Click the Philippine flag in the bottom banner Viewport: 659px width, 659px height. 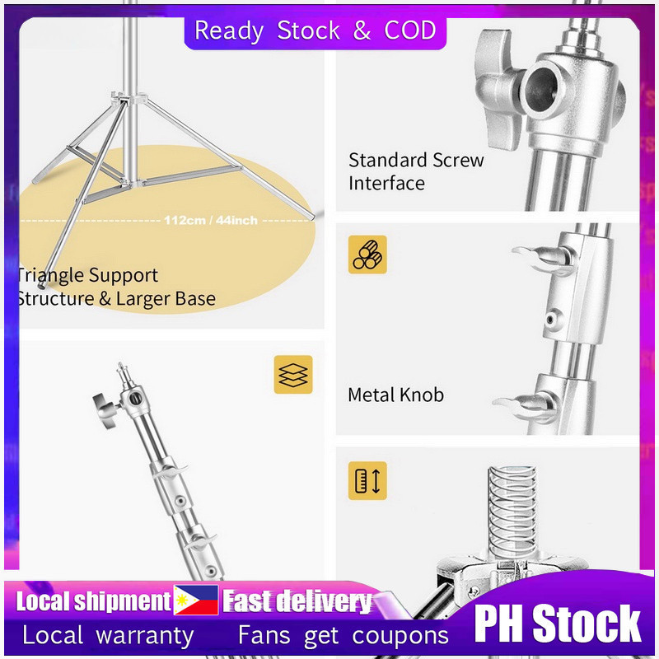pos(196,600)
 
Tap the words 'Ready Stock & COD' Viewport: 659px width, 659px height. pos(315,30)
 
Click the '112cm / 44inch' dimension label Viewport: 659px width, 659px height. pos(211,220)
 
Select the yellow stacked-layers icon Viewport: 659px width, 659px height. pos(293,375)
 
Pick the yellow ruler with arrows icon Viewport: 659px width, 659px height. pos(367,481)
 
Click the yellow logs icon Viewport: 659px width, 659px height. pos(367,255)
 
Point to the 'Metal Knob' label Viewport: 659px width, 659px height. pos(396,395)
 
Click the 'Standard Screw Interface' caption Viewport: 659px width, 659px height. pos(416,172)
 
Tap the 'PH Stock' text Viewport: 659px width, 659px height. pos(558,623)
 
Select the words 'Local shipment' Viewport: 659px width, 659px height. pos(93,601)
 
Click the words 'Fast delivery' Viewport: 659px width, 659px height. pos(297,601)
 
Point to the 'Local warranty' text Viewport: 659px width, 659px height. pos(108,635)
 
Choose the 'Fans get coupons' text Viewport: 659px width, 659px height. pos(344,635)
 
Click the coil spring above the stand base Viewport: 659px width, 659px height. pos(512,512)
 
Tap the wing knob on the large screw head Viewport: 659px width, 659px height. pos(498,88)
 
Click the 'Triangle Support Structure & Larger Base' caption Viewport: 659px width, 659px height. pos(116,287)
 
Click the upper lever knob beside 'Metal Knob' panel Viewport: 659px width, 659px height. pos(543,258)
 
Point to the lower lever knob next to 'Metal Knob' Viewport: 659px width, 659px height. pos(526,407)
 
